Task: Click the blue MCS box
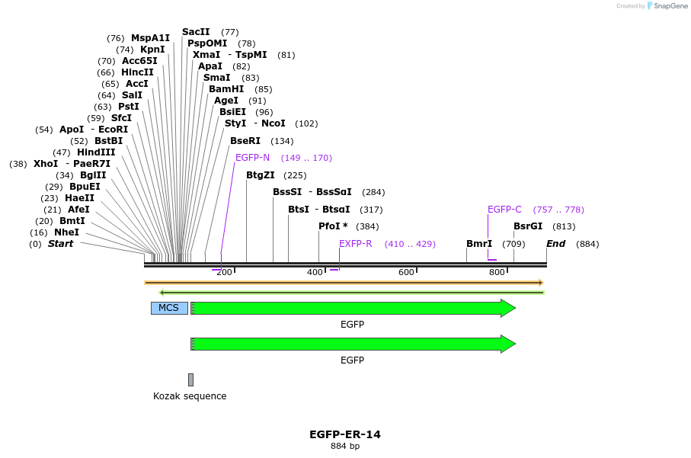click(168, 308)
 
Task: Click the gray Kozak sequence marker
click(190, 380)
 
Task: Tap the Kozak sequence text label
click(190, 396)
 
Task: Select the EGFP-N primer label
click(252, 158)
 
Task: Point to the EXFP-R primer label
click(356, 244)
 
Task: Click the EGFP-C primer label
click(504, 210)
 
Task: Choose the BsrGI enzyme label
click(528, 226)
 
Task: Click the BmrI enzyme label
click(479, 244)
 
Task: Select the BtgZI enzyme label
click(260, 175)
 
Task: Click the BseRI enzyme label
click(245, 141)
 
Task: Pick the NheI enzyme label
click(66, 232)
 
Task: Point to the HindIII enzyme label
click(96, 152)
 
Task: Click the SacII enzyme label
click(196, 32)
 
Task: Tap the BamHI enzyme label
click(226, 89)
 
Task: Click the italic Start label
click(61, 244)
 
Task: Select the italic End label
click(556, 244)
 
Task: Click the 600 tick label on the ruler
click(406, 273)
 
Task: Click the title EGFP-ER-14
click(345, 434)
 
